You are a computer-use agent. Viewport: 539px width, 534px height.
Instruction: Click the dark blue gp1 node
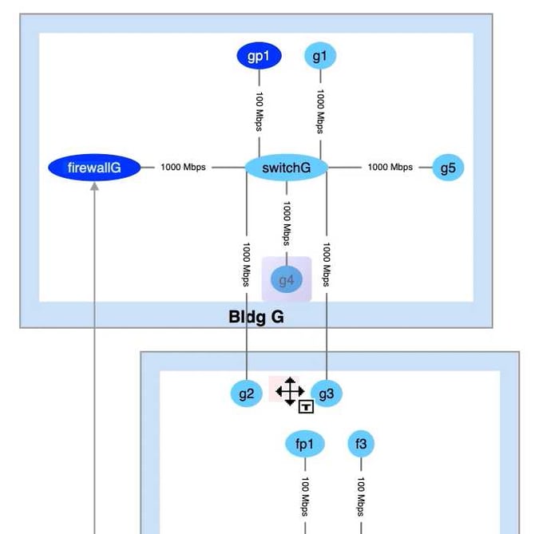point(260,56)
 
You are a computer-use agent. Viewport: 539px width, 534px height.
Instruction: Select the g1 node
point(320,56)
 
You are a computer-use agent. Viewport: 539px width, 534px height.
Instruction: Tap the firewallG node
point(94,168)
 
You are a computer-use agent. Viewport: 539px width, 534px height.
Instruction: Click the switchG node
point(286,168)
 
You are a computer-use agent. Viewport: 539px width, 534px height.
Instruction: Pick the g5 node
point(448,168)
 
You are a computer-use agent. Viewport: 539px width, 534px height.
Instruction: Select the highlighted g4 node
point(287,280)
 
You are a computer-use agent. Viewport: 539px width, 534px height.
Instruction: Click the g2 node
point(246,394)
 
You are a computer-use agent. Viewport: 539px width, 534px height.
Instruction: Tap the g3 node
point(326,394)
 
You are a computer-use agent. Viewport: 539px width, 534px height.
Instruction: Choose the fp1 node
point(305,444)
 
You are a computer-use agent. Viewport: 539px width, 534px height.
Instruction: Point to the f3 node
point(361,444)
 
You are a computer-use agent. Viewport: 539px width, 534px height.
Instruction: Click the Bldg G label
point(256,317)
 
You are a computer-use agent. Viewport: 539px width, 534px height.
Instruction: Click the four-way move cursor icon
point(289,391)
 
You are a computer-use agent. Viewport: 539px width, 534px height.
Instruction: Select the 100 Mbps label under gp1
point(260,110)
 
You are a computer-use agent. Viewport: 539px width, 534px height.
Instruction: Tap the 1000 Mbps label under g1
point(320,110)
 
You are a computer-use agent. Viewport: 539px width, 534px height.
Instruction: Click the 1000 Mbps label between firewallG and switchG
point(183,168)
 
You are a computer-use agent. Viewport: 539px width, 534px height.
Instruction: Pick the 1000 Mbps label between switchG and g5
point(390,168)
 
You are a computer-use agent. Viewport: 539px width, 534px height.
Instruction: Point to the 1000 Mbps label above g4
point(286,222)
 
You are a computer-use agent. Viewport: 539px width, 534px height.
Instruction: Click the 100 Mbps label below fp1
point(305,496)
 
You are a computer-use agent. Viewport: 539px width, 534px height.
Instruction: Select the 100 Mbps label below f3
point(361,496)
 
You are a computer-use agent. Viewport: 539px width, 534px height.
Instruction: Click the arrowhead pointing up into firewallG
point(94,187)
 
